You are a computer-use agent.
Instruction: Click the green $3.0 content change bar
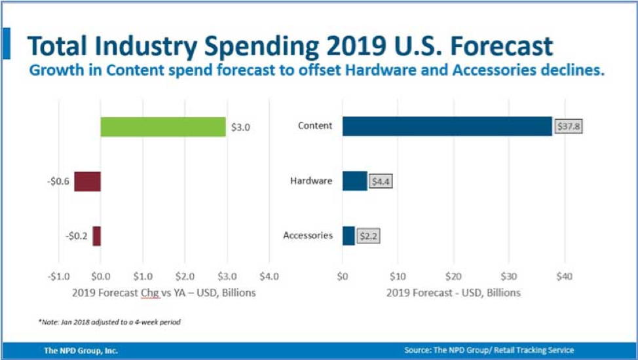pyautogui.click(x=163, y=127)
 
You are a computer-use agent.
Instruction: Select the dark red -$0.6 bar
pyautogui.click(x=87, y=181)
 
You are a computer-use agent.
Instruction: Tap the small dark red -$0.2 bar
pyautogui.click(x=96, y=236)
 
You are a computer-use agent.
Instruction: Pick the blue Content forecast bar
pyautogui.click(x=447, y=126)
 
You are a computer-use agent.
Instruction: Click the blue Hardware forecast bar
pyautogui.click(x=354, y=181)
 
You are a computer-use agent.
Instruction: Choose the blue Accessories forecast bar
pyautogui.click(x=348, y=236)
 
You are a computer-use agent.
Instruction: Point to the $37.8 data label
pyautogui.click(x=569, y=126)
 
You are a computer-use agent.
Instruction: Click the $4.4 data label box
pyautogui.click(x=381, y=181)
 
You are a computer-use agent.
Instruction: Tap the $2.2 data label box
pyautogui.click(x=369, y=236)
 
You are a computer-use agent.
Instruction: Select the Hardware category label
pyautogui.click(x=311, y=181)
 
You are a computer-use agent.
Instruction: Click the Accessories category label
pyautogui.click(x=308, y=235)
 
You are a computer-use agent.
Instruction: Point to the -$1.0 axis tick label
pyautogui.click(x=58, y=277)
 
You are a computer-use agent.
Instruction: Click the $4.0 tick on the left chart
pyautogui.click(x=269, y=277)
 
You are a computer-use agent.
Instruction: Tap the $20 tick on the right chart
pyautogui.click(x=453, y=277)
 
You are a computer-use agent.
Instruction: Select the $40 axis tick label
pyautogui.click(x=564, y=277)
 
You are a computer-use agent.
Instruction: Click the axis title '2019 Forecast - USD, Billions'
pyautogui.click(x=453, y=293)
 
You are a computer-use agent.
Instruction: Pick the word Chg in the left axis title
pyautogui.click(x=151, y=293)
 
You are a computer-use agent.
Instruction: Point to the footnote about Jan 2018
pyautogui.click(x=109, y=322)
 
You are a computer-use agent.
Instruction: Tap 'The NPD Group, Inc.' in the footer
pyautogui.click(x=81, y=350)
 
